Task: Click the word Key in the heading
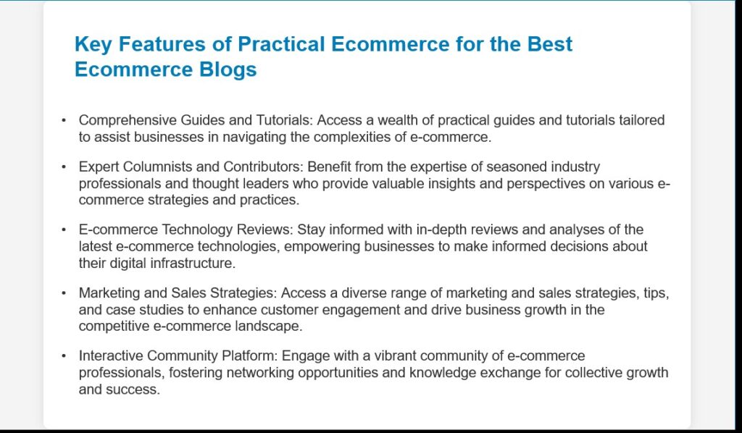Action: pos(93,45)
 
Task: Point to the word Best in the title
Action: pos(550,44)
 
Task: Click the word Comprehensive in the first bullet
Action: pos(128,120)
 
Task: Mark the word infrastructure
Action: pos(193,264)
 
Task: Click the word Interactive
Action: pos(111,356)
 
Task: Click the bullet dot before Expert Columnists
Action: pos(64,167)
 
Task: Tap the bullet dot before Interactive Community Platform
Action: pos(64,356)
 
